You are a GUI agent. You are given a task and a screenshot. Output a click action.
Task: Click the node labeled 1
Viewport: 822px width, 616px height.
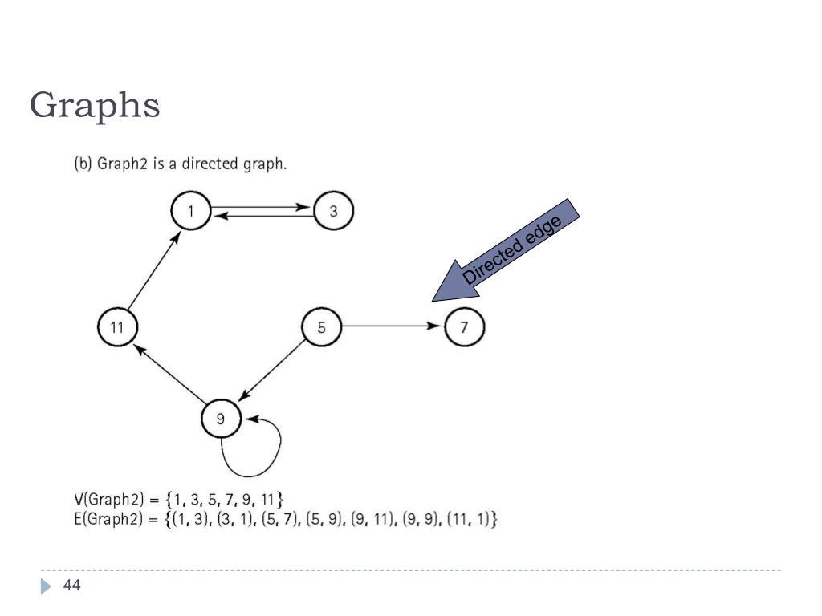pyautogui.click(x=191, y=212)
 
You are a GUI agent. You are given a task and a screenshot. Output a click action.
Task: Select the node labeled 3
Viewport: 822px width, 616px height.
pyautogui.click(x=334, y=212)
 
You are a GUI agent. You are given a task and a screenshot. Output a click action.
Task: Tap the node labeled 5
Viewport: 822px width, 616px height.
pyautogui.click(x=322, y=327)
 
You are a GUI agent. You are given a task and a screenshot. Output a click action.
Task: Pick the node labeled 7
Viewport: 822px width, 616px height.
pyautogui.click(x=465, y=327)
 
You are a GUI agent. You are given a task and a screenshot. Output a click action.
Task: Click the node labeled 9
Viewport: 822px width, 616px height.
pyautogui.click(x=222, y=417)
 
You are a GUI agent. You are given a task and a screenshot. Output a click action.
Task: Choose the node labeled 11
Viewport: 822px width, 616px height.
pyautogui.click(x=117, y=327)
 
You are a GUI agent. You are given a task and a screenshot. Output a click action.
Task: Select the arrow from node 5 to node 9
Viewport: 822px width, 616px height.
pyautogui.click(x=273, y=371)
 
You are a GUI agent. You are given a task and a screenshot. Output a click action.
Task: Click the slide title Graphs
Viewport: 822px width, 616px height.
pyautogui.click(x=95, y=105)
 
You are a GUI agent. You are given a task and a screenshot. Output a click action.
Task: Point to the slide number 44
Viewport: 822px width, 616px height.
pyautogui.click(x=72, y=586)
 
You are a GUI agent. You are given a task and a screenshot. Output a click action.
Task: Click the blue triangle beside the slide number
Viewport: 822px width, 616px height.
pyautogui.click(x=46, y=587)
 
